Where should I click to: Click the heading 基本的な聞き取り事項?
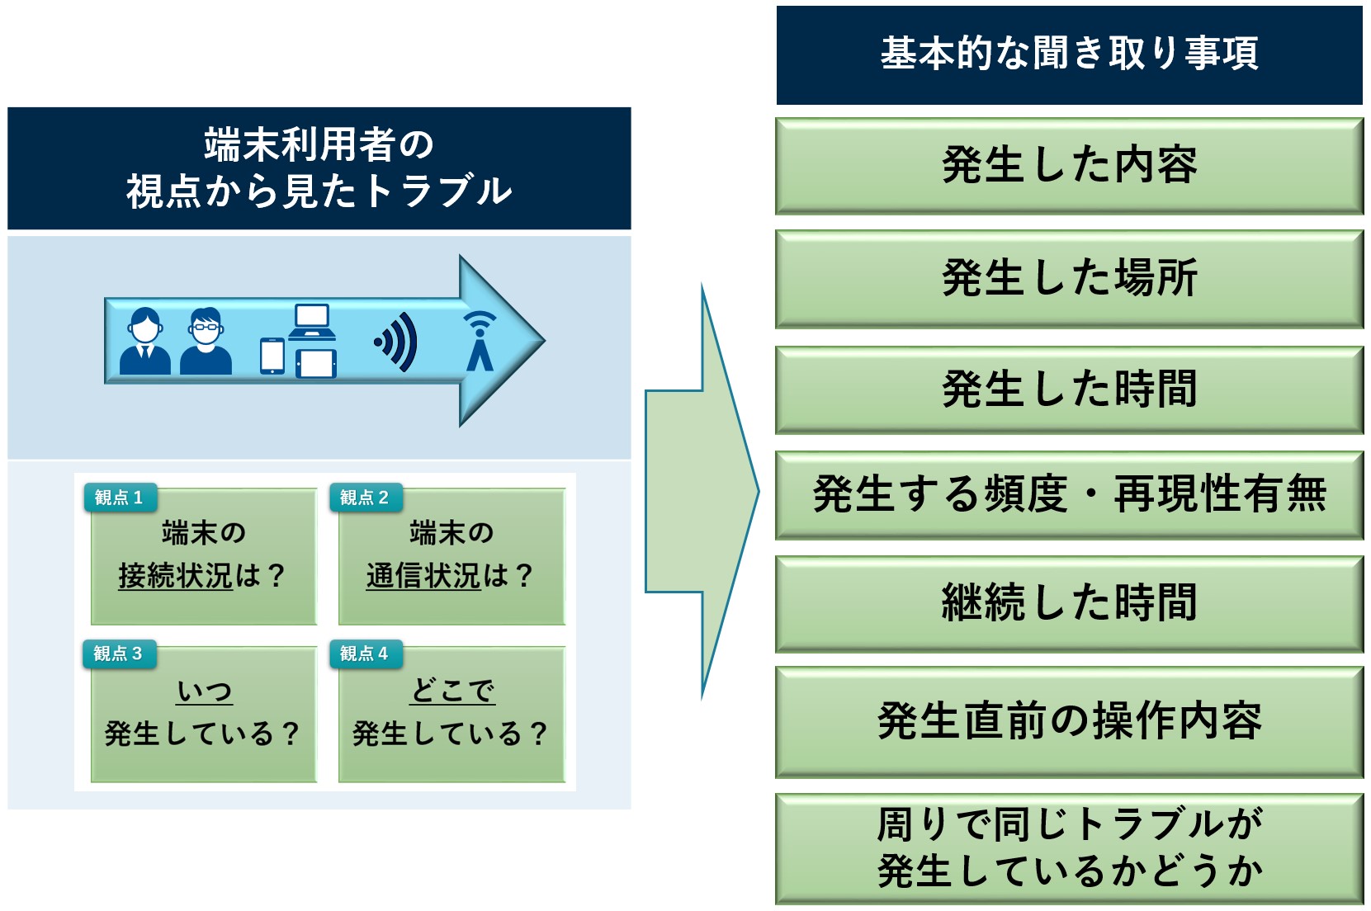1069,54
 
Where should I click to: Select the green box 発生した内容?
1069,166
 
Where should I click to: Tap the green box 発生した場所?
1069,278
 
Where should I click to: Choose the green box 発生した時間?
1069,389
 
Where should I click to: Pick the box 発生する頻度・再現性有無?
1069,494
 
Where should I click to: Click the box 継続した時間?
1069,603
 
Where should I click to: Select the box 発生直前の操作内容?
1069,722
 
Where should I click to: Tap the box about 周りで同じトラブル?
1069,848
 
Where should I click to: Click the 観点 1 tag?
120,498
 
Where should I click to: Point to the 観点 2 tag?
366,498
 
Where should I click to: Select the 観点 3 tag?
120,654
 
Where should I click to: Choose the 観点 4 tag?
366,654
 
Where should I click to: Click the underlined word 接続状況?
176,576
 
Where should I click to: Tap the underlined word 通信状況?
423,576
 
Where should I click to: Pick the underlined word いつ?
205,692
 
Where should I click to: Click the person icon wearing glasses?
206,341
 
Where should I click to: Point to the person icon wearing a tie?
145,341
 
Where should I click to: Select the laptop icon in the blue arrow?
312,321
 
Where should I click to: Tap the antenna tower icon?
480,341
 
